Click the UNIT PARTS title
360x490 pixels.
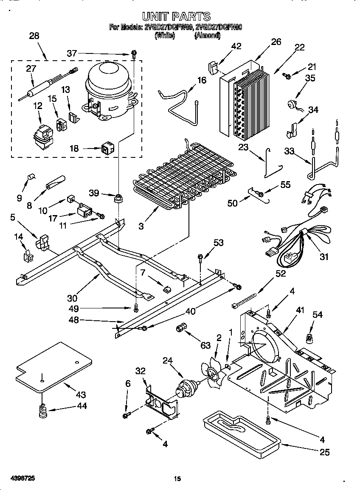point(176,17)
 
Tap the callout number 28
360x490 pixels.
point(34,36)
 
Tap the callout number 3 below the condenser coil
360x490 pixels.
point(141,226)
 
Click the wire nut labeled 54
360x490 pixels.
point(307,338)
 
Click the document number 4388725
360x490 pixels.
point(20,478)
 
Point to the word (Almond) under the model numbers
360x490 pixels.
point(207,36)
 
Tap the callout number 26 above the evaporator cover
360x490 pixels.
point(276,42)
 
